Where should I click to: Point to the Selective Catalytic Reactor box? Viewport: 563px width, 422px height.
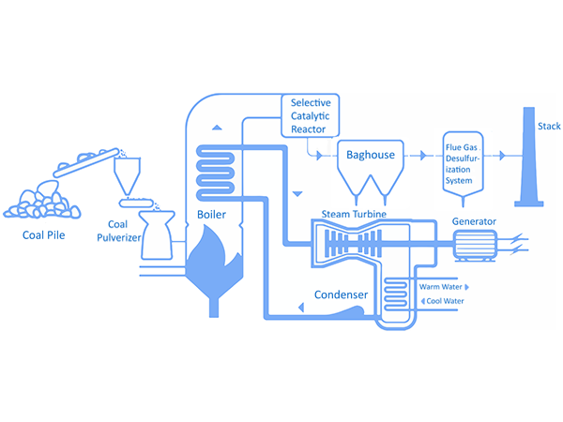[312, 114]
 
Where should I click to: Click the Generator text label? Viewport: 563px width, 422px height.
[474, 222]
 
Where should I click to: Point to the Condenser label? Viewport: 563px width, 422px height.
[341, 294]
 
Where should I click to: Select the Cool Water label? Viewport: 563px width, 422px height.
[445, 301]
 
